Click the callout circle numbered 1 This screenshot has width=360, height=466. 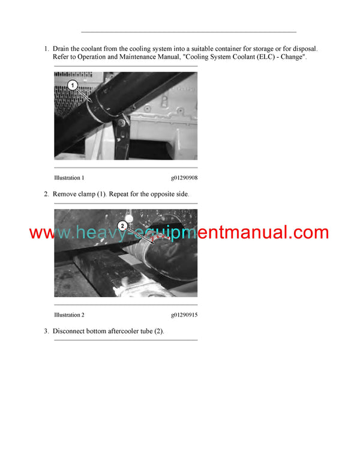73,85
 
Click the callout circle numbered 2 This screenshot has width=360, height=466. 122,226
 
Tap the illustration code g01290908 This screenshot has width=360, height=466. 184,178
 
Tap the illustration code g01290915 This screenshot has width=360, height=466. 184,315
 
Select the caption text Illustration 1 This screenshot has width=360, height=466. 69,178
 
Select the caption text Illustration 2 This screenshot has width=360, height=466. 69,315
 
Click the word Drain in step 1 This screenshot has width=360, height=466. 61,49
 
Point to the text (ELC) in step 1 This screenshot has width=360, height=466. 266,57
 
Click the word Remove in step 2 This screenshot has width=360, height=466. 64,194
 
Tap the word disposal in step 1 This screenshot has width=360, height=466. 305,49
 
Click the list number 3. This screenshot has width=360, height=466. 46,331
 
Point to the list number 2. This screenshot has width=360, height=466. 46,194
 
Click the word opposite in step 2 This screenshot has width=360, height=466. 162,195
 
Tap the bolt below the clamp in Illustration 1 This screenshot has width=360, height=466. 121,122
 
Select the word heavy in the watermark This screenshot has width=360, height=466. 98,233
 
